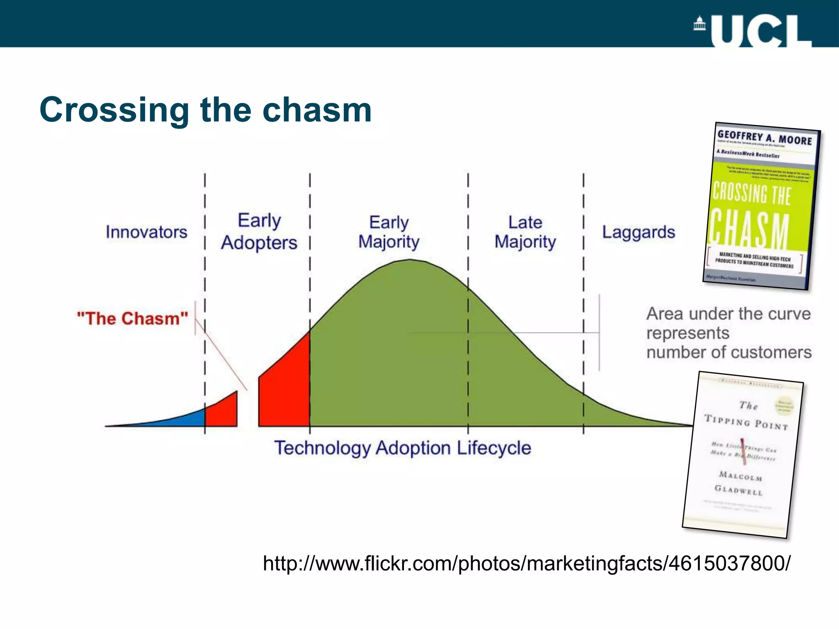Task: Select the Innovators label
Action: pos(146,232)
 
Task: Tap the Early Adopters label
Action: pos(259,232)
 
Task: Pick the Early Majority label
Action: pos(389,232)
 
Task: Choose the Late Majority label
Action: pos(525,232)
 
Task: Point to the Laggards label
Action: pos(638,232)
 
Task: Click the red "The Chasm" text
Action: pos(132,319)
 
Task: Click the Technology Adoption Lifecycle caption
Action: pos(403,448)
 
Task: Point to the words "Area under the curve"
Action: pos(728,314)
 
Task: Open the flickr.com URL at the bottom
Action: pos(526,563)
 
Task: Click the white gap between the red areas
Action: pos(248,410)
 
